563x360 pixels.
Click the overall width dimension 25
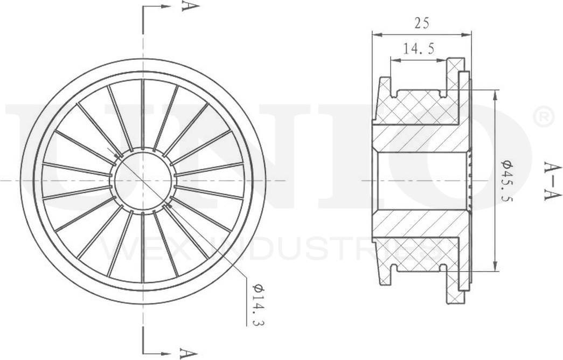[x=422, y=23]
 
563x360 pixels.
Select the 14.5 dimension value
[x=419, y=49]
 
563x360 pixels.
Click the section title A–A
[x=551, y=181]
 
